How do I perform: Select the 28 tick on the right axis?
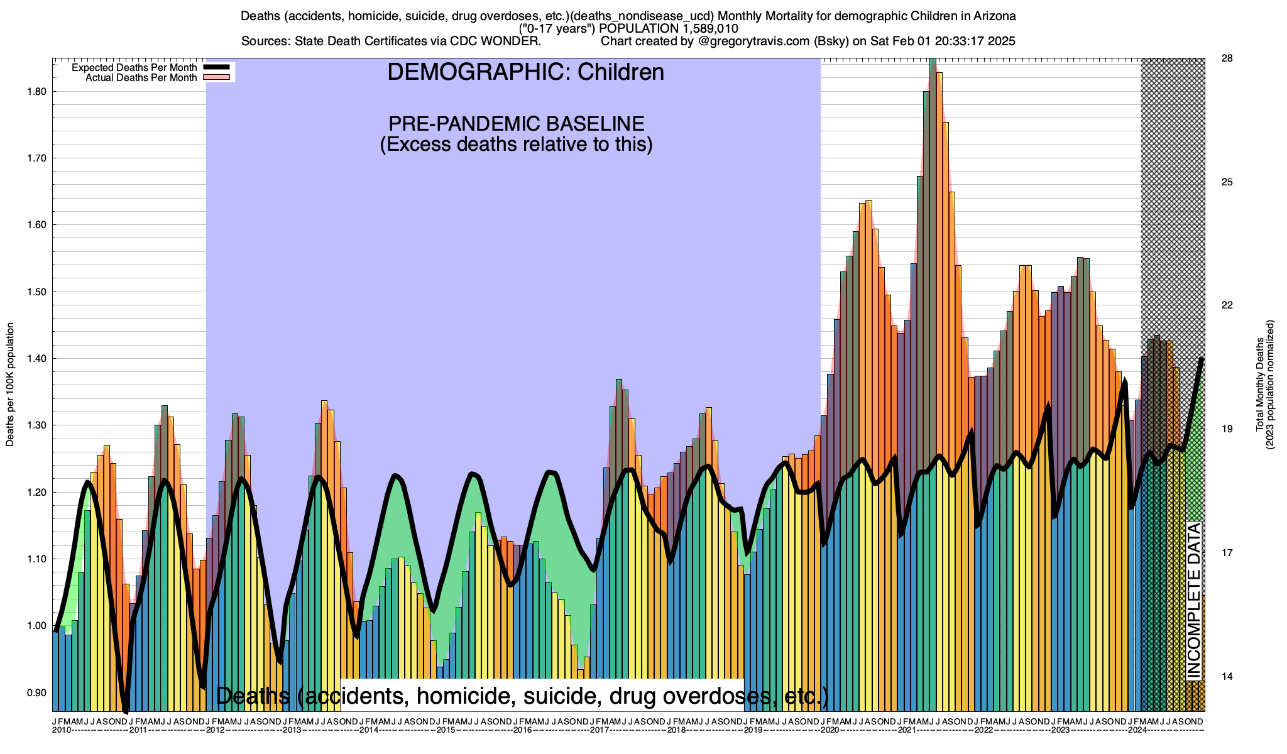coord(1227,58)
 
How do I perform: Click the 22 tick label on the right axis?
coord(1227,305)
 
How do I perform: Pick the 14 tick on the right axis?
coord(1227,677)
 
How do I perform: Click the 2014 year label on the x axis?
coord(368,730)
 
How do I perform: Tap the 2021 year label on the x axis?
coord(906,730)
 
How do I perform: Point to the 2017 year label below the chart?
coord(599,730)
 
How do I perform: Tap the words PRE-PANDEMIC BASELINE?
coord(516,123)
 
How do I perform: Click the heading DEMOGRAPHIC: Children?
coord(525,72)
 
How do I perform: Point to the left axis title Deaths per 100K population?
coord(11,385)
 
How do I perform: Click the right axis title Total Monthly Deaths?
coord(1260,385)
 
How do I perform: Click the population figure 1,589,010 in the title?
coord(695,29)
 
